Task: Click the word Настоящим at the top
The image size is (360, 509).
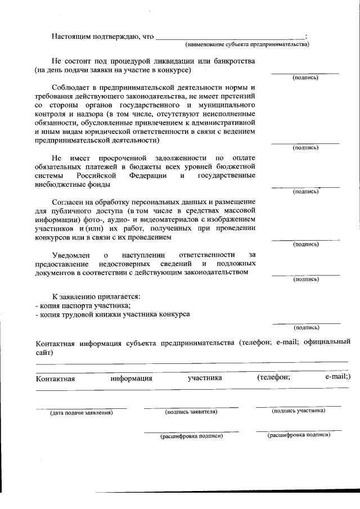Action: (70, 37)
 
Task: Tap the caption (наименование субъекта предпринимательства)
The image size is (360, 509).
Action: (247, 44)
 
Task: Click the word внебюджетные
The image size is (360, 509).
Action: (58, 184)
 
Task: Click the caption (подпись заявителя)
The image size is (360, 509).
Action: (191, 412)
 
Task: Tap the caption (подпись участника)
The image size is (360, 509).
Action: (298, 411)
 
